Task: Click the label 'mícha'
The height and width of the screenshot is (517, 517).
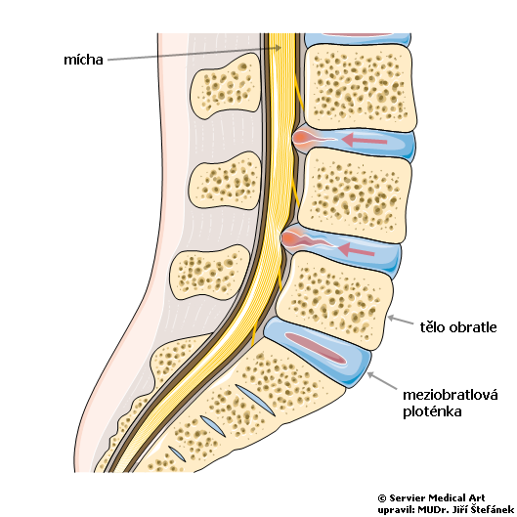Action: [83, 60]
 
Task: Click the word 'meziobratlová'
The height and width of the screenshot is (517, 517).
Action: [451, 395]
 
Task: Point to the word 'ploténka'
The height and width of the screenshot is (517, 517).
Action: [432, 411]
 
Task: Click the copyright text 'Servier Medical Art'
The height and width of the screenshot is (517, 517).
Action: [437, 497]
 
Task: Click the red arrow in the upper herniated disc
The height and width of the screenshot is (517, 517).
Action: [365, 140]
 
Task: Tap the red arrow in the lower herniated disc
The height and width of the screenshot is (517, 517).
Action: [357, 249]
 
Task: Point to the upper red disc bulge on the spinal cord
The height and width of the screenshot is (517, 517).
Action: [302, 137]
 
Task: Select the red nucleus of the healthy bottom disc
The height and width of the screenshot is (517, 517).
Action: [316, 348]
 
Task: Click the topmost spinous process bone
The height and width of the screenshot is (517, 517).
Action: [226, 86]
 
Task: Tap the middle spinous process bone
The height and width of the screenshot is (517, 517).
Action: [225, 181]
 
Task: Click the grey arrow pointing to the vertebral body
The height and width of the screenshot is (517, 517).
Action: [401, 320]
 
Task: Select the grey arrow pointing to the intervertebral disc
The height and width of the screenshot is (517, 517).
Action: [382, 380]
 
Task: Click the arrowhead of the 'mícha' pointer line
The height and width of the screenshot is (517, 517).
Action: [279, 48]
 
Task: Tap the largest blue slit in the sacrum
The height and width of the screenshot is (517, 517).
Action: [255, 400]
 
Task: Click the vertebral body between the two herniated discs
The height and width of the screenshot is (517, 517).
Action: [355, 194]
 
